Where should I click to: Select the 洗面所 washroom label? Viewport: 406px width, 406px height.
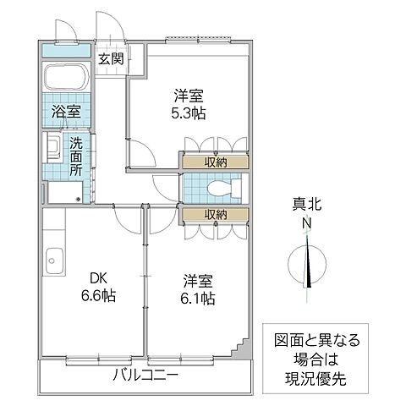77,156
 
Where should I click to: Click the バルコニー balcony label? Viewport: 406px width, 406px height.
145,375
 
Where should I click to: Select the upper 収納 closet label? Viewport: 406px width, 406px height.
215,161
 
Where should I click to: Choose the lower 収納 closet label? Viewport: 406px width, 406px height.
215,215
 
